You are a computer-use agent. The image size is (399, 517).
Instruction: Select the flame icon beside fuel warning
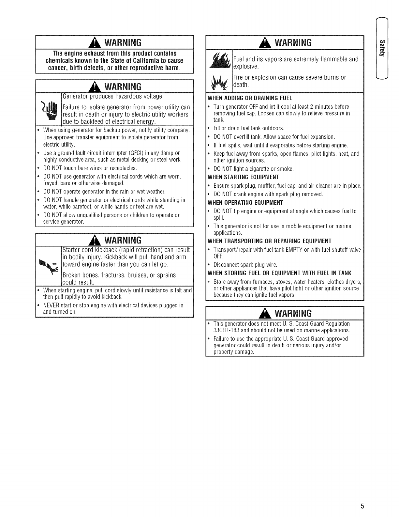coord(220,60)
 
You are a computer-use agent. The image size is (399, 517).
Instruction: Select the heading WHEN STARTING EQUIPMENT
coord(243,177)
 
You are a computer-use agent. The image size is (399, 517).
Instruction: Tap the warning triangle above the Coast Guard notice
coord(268,314)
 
